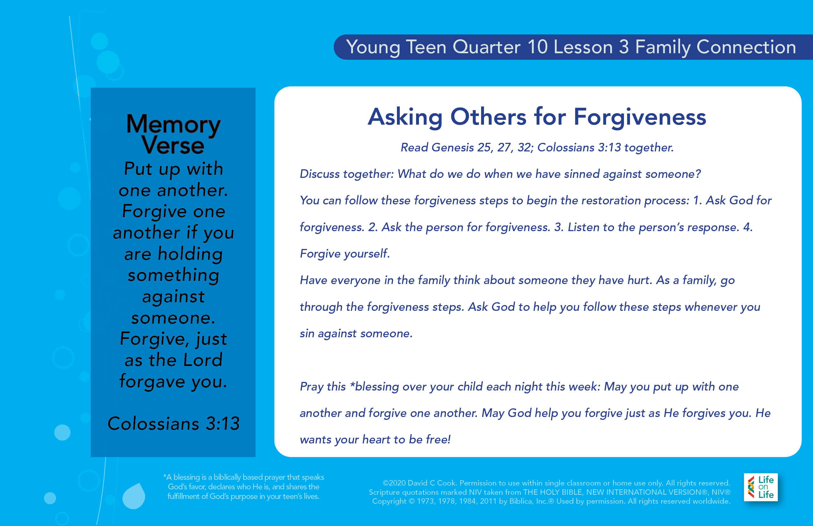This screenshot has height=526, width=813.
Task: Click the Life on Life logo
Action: [761, 487]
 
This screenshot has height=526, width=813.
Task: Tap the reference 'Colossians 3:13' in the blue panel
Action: [173, 424]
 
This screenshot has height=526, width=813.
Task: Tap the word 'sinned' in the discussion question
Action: [582, 174]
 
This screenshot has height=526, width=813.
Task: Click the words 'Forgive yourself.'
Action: [345, 254]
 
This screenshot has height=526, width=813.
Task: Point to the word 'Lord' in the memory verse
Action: [203, 360]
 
